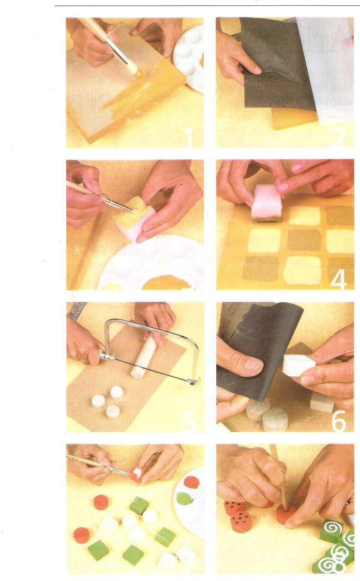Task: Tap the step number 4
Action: click(339, 280)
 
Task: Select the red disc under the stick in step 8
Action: click(285, 514)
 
